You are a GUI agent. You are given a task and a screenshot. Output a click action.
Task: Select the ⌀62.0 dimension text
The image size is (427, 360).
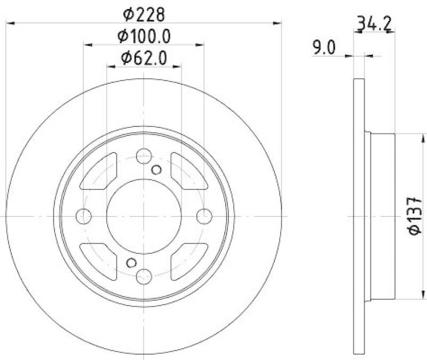click(x=144, y=57)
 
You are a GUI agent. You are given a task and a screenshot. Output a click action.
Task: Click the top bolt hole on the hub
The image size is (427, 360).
click(x=144, y=156)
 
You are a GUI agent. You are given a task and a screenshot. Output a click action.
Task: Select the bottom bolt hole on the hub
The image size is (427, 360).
click(x=144, y=276)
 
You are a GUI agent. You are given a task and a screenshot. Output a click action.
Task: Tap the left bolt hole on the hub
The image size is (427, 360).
click(x=84, y=216)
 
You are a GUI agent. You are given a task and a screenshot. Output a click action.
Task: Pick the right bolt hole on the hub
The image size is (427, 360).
click(x=204, y=216)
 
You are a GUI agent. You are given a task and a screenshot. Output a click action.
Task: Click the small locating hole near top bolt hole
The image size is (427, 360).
click(x=156, y=170)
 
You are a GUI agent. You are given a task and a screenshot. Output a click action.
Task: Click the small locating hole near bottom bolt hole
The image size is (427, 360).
click(x=131, y=262)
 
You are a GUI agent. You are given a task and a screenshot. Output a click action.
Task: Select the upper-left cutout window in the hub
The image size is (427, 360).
click(x=99, y=171)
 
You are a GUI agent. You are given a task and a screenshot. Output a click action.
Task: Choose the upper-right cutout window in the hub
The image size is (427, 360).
click(x=188, y=171)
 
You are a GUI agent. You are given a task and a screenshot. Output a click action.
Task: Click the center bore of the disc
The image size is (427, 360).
click(x=144, y=216)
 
